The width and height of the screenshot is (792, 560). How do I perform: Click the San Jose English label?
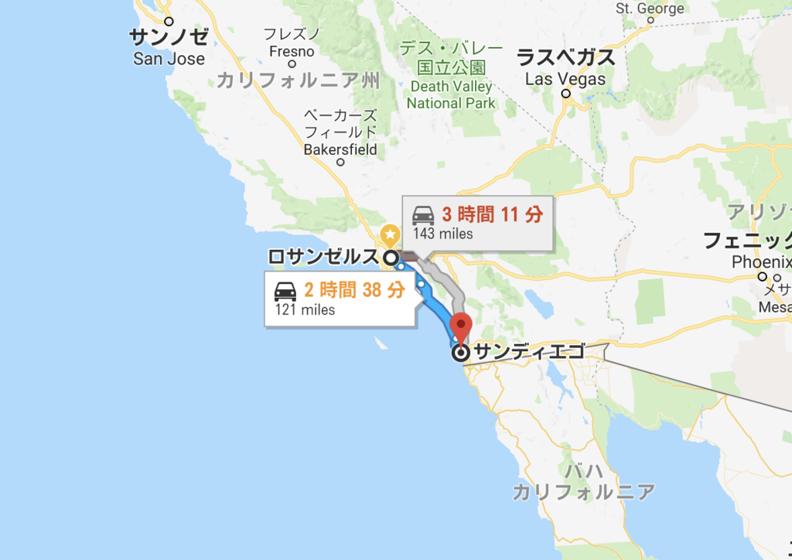169,59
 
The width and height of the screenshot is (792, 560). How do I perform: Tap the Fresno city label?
291,52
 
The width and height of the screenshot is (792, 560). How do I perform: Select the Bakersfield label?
340,149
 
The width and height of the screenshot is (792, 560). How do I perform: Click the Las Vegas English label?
565,78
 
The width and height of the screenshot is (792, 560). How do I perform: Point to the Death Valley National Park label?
451,94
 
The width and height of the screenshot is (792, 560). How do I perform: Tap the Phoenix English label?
762,262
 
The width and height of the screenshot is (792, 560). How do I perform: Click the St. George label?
650,9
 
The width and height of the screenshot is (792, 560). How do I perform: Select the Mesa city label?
776,306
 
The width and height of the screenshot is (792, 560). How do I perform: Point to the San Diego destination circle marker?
461,353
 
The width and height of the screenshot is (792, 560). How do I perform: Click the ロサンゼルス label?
323,257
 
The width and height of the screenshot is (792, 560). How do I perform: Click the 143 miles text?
442,234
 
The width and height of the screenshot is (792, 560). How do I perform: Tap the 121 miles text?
305,309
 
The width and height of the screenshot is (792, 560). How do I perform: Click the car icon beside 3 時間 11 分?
423,215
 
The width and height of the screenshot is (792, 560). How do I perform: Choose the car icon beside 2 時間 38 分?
285,291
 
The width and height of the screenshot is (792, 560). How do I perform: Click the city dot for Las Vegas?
566,94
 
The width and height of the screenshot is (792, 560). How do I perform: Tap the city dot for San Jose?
169,22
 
